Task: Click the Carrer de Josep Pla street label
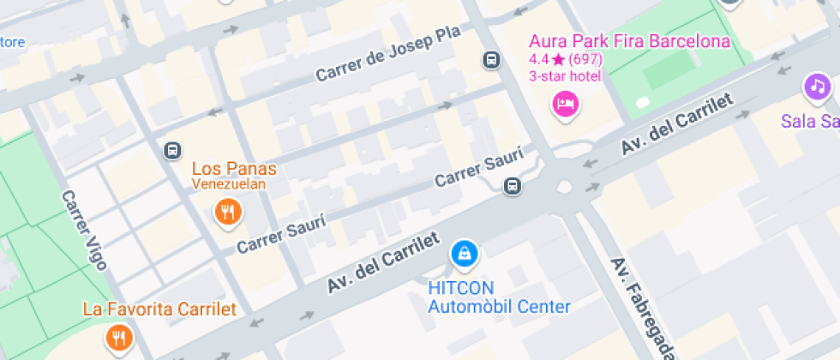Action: pos(387,53)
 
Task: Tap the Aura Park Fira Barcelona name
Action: pos(629,41)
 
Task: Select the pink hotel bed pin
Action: pos(566,105)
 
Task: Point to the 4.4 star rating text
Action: pos(566,60)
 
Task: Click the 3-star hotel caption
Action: pos(565,76)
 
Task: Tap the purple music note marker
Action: pos(818,86)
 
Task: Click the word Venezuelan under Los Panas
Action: pos(229,183)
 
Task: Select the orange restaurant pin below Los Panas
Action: pos(227,211)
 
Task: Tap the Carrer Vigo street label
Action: pos(83,229)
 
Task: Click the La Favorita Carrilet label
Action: pos(159,309)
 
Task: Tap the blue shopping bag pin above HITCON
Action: pos(464,253)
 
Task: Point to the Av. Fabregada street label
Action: pos(642,307)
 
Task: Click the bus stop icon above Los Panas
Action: pos(172,151)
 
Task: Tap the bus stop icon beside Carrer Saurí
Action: pos(513,185)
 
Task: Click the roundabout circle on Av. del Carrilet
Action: pos(565,186)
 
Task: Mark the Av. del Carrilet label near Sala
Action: pos(678,124)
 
